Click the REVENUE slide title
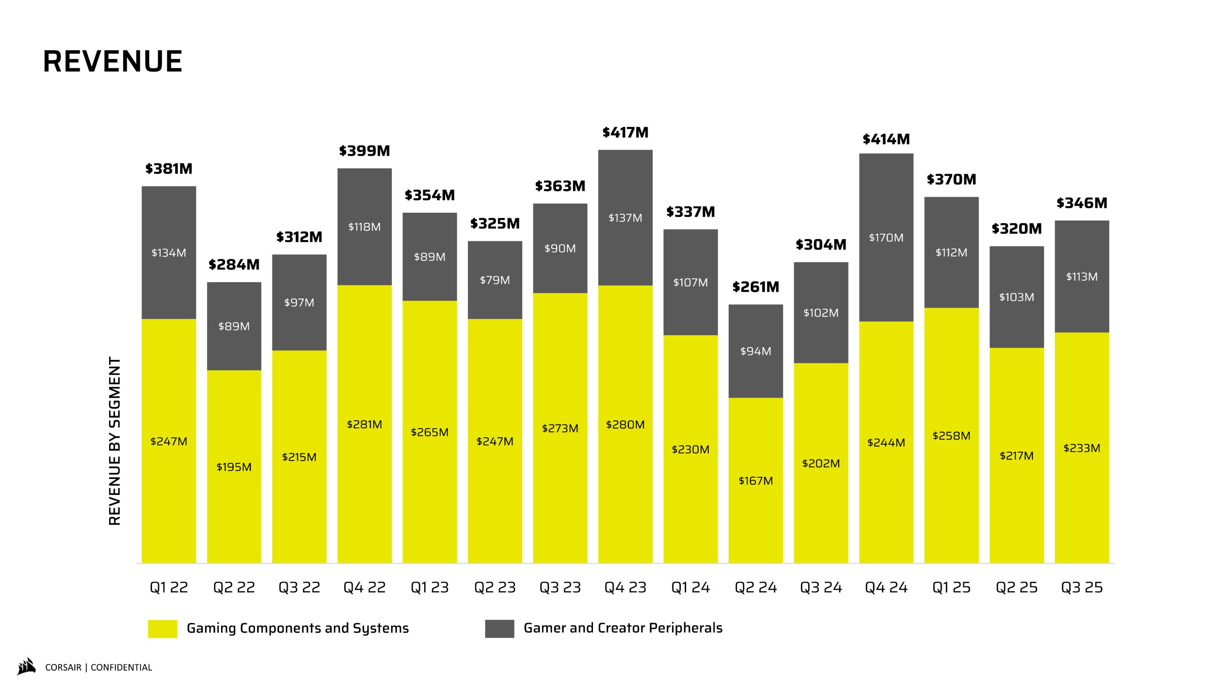(113, 61)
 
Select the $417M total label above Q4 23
(625, 133)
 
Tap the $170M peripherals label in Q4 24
(886, 238)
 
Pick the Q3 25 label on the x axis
(1082, 588)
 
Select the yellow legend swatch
(162, 629)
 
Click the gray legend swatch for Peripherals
(499, 629)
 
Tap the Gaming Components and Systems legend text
(298, 629)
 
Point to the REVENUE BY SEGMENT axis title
(115, 441)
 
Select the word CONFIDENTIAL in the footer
(121, 668)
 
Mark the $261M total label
(756, 287)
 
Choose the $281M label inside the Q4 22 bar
(365, 424)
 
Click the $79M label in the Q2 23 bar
(495, 280)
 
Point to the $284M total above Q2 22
(234, 265)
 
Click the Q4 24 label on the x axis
(886, 588)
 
